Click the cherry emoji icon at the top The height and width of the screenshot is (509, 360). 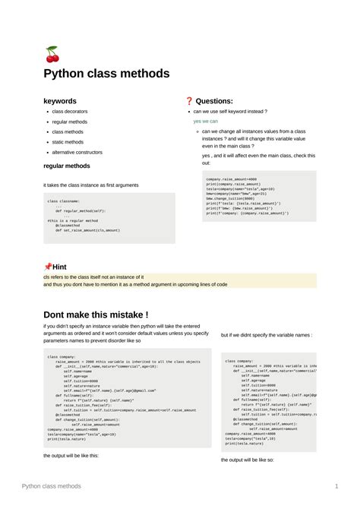tap(52, 54)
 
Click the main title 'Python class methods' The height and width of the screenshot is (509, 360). tap(106, 74)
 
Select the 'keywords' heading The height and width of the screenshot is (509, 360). tap(59, 100)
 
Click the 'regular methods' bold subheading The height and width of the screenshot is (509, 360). tap(67, 166)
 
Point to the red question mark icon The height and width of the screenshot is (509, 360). tap(189, 101)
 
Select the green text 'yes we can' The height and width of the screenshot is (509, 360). tap(205, 121)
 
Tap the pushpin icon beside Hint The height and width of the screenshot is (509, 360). tap(48, 267)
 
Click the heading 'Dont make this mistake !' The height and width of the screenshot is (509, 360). tap(96, 315)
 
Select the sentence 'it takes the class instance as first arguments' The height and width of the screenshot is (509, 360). tap(91, 185)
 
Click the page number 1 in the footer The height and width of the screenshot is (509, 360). tap(336, 485)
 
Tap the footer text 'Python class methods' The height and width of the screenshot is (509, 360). tap(51, 485)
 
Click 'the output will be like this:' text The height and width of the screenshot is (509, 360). tap(71, 455)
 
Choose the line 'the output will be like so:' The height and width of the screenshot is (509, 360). tap(248, 460)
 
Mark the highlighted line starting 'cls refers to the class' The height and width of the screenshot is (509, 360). tap(93, 277)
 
